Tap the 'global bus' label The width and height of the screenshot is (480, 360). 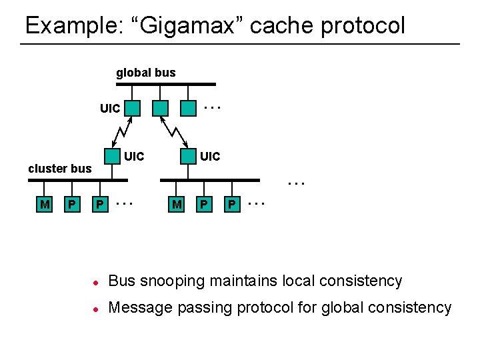pos(145,73)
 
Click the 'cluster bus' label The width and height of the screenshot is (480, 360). pos(59,169)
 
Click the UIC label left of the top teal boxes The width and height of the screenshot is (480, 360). pos(110,108)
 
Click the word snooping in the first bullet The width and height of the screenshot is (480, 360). pos(169,281)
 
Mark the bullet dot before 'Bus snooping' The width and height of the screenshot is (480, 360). pos(95,282)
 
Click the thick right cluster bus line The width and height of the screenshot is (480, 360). pos(209,180)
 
